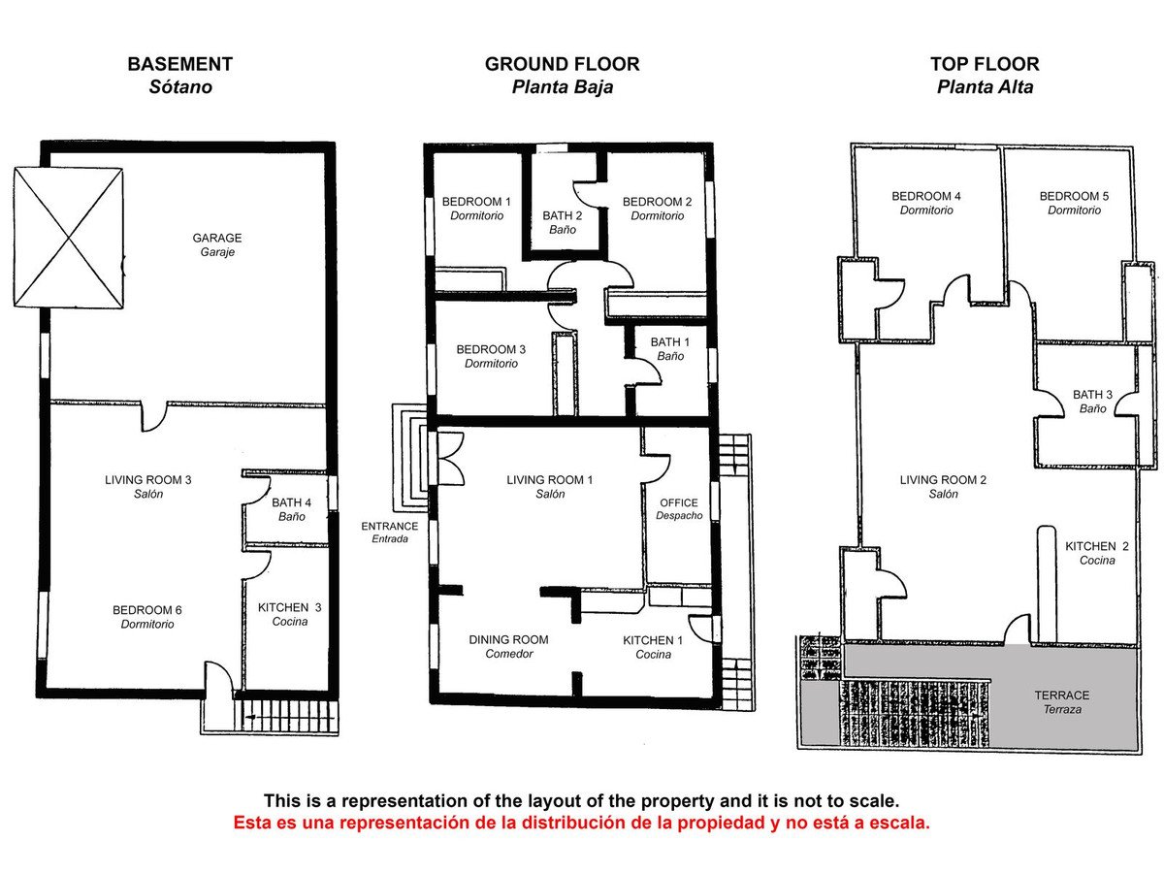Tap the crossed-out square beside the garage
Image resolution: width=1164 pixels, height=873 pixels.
point(69,238)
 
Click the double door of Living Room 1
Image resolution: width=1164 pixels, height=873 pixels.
point(451,459)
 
